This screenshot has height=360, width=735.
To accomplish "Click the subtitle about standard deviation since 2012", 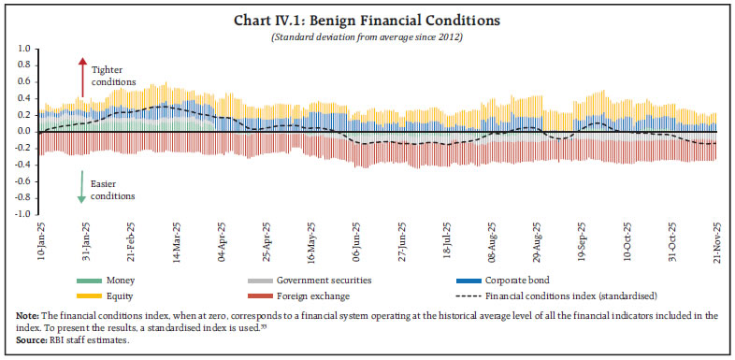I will pyautogui.click(x=367, y=36).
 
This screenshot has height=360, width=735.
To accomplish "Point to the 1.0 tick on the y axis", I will pyautogui.click(x=23, y=49).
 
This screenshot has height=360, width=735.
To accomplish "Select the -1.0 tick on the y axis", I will pyautogui.click(x=22, y=214).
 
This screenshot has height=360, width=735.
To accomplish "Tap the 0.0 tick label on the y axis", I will pyautogui.click(x=23, y=132).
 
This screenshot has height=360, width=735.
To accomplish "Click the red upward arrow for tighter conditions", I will pyautogui.click(x=82, y=79).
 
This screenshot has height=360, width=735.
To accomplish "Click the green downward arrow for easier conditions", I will pyautogui.click(x=82, y=186).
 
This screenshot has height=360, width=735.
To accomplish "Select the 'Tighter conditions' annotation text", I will pyautogui.click(x=113, y=76).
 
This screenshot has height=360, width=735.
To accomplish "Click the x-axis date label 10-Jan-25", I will pyautogui.click(x=41, y=241).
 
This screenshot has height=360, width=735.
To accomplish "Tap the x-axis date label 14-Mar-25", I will pyautogui.click(x=178, y=241).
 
